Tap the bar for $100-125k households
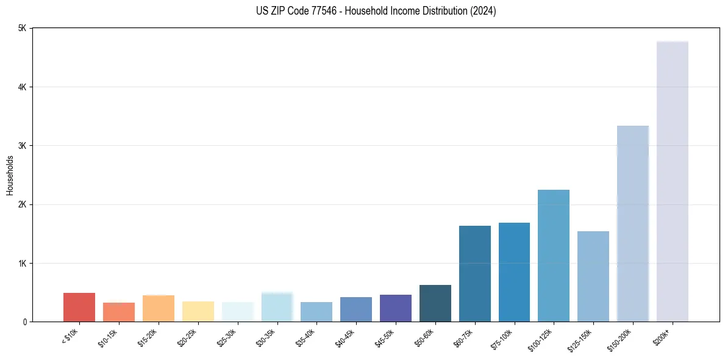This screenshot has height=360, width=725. [x=554, y=256]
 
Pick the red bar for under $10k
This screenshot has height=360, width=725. [x=79, y=308]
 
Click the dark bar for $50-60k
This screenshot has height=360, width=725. [x=435, y=303]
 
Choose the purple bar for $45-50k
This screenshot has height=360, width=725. [x=396, y=308]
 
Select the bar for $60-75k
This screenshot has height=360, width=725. [x=474, y=274]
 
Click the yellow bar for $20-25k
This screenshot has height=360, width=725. [x=198, y=311]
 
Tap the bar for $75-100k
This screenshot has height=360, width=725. [x=514, y=272]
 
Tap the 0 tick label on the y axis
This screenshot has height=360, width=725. [x=24, y=322]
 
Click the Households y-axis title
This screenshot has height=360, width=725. [x=10, y=175]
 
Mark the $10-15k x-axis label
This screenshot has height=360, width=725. [x=109, y=336]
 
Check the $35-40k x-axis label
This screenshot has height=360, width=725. [x=306, y=336]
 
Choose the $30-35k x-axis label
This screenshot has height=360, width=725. [x=266, y=336]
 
